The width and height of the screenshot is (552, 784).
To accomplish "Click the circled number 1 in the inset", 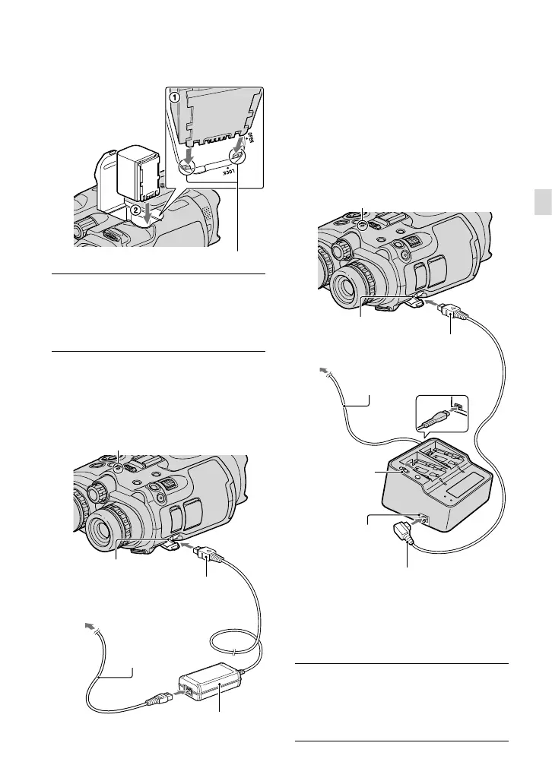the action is click(174, 98).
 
